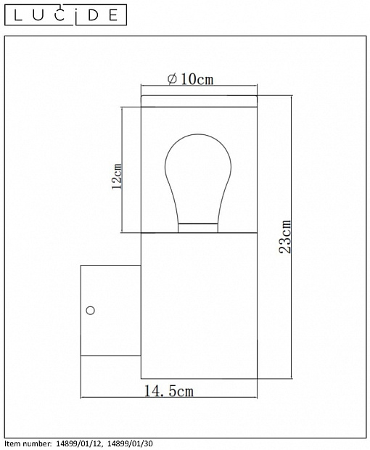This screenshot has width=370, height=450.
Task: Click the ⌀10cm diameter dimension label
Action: coord(191,79)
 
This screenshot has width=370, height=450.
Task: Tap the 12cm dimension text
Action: coord(117,176)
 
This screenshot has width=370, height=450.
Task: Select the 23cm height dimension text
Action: coord(285,237)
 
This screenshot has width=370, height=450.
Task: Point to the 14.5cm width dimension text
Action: coord(168,391)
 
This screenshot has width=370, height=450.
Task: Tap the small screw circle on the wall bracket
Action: coord(91,310)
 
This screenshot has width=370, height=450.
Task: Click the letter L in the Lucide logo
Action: coord(18,15)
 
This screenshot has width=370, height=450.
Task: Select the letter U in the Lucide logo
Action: coord(38,15)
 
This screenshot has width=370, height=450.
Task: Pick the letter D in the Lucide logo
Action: coord(94,15)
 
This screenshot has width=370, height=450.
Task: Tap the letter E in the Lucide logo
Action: coord(113,15)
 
